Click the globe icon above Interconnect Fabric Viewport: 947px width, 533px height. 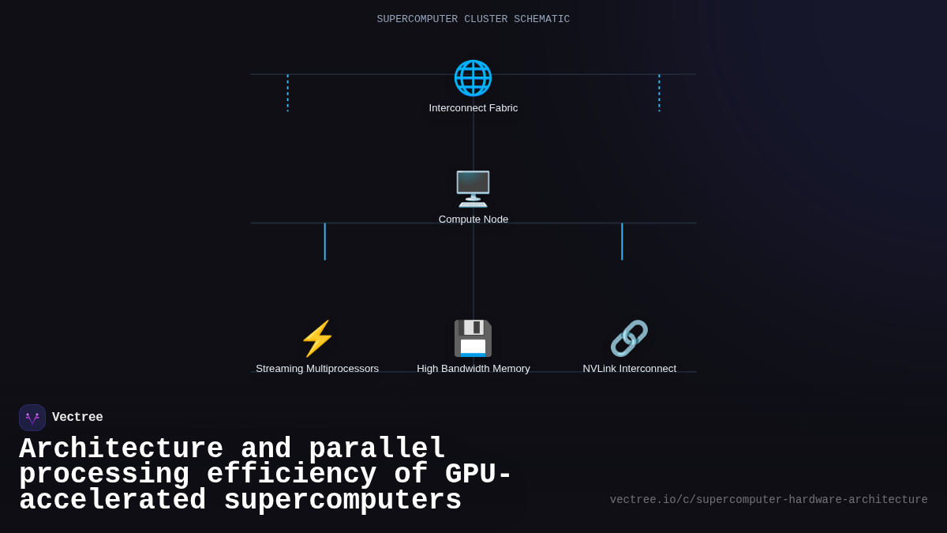point(473,78)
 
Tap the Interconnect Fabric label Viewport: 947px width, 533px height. point(473,108)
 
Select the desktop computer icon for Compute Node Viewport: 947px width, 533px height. point(473,190)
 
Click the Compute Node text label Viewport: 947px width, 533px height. point(473,220)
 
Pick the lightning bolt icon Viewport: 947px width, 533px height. point(317,339)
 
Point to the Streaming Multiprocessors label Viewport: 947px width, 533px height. point(317,369)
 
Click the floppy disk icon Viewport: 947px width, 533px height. point(473,339)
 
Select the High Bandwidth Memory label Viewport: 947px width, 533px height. point(473,369)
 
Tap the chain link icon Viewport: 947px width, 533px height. point(629,339)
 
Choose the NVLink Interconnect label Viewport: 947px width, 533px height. point(629,369)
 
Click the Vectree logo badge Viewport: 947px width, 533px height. point(32,418)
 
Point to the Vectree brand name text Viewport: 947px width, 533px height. point(77,418)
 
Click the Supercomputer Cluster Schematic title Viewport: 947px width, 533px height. point(473,19)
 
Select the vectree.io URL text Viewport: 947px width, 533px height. point(769,500)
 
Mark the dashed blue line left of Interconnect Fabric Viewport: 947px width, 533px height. point(287,93)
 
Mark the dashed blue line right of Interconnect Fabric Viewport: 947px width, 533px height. point(659,93)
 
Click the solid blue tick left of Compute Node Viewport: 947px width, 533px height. point(324,242)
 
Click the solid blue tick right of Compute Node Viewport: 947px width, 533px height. point(622,242)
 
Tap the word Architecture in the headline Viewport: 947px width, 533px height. point(121,449)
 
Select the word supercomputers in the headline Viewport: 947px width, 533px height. point(342,501)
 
